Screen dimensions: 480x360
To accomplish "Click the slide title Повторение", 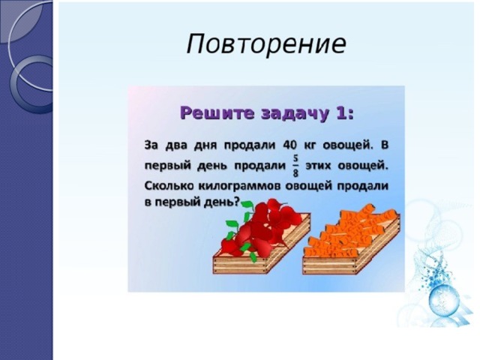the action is tap(266, 43).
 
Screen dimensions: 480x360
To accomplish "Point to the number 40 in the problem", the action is tap(291, 145).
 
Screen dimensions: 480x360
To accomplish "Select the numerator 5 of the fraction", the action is tap(295, 158).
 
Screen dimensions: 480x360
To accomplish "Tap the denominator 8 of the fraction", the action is tap(295, 173).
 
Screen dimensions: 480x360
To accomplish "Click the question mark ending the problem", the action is tap(237, 202).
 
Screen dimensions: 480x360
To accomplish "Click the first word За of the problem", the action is tap(151, 145).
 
